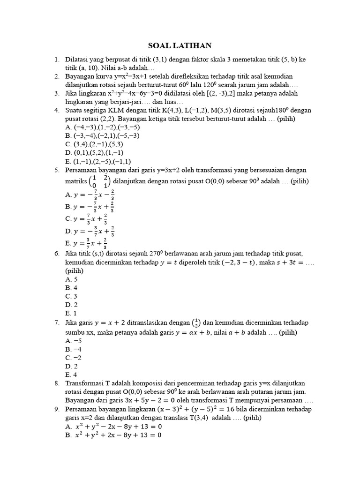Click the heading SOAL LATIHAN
tap(180, 45)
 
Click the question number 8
tap(56, 383)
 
